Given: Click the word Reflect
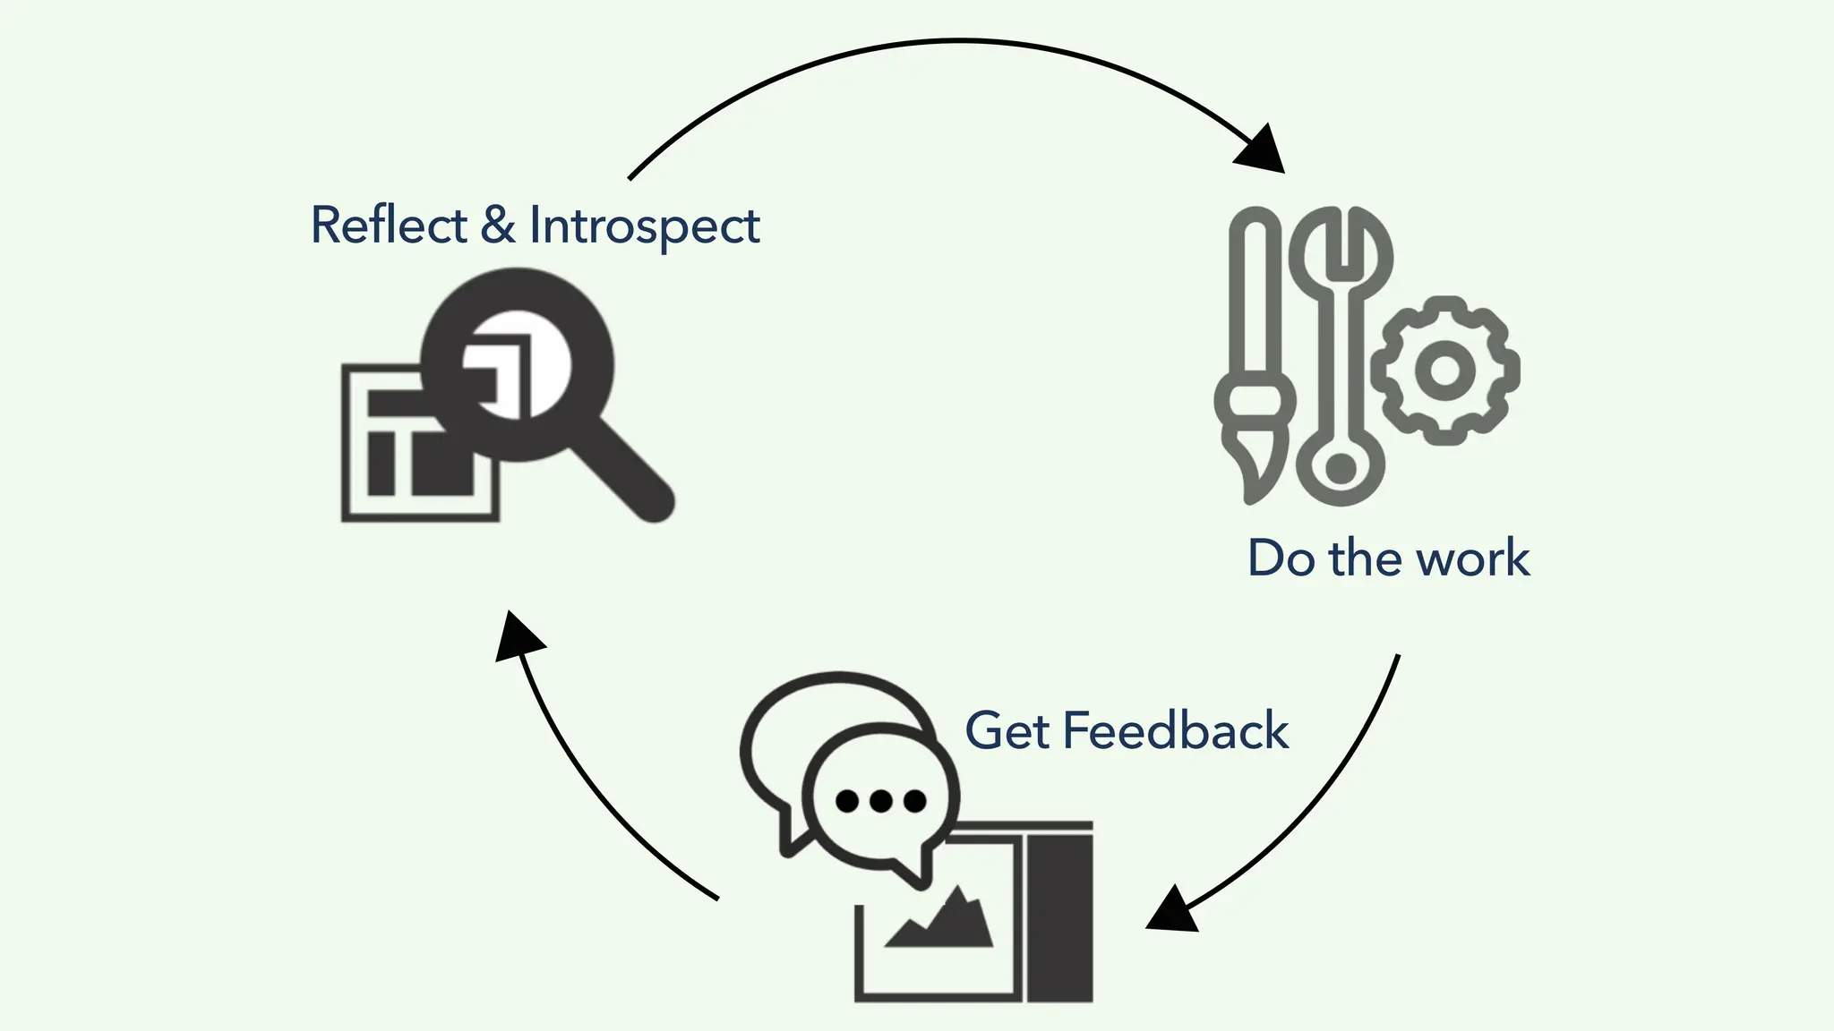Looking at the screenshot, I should (x=388, y=225).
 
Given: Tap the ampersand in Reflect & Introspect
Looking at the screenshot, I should (x=498, y=225).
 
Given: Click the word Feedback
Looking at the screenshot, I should (x=1175, y=730).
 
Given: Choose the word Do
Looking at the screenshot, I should (x=1281, y=558).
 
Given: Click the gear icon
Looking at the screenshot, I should (x=1444, y=370).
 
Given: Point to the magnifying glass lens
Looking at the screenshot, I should (x=517, y=365).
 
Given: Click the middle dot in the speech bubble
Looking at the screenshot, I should (x=880, y=801).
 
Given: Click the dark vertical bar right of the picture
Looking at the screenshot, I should (x=1059, y=922).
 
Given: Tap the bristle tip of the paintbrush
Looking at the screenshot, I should (x=1254, y=474).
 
